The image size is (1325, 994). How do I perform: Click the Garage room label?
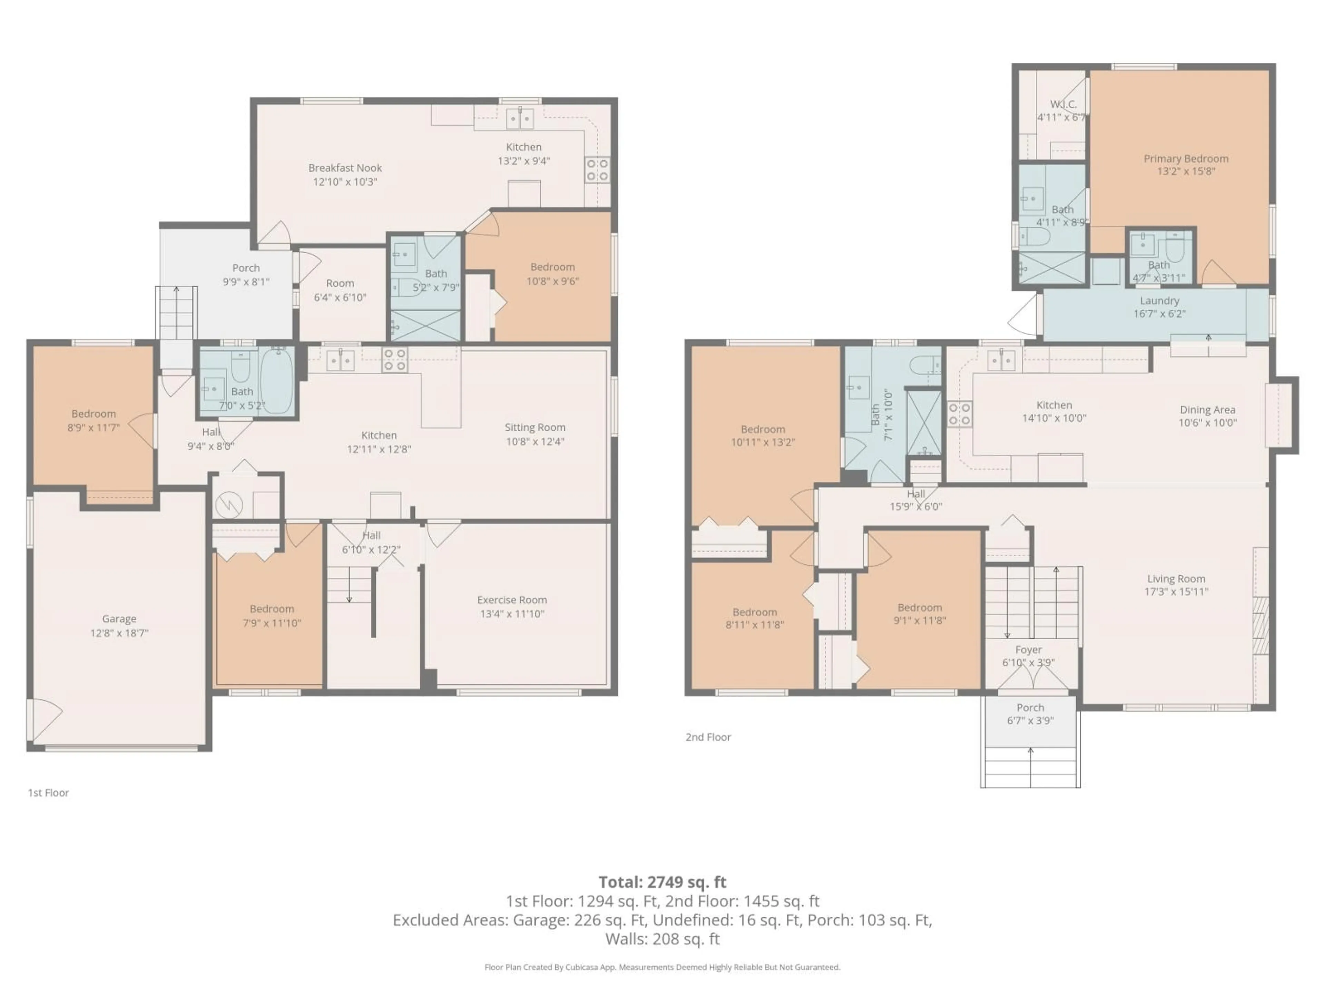119,618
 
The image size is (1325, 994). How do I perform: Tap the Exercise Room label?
512,600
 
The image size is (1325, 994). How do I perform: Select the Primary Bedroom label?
1186,158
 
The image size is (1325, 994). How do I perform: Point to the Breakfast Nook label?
345,168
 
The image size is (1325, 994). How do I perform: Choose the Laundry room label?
1159,301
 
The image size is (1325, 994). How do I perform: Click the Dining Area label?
1207,410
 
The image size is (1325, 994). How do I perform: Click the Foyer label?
1029,650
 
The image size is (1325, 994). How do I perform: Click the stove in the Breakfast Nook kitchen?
597,169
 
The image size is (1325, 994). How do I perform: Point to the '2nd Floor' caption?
708,737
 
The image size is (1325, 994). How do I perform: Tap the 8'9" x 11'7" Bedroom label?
94,413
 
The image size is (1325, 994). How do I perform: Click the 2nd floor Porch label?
1030,708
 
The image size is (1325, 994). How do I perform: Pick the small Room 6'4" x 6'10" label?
340,283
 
